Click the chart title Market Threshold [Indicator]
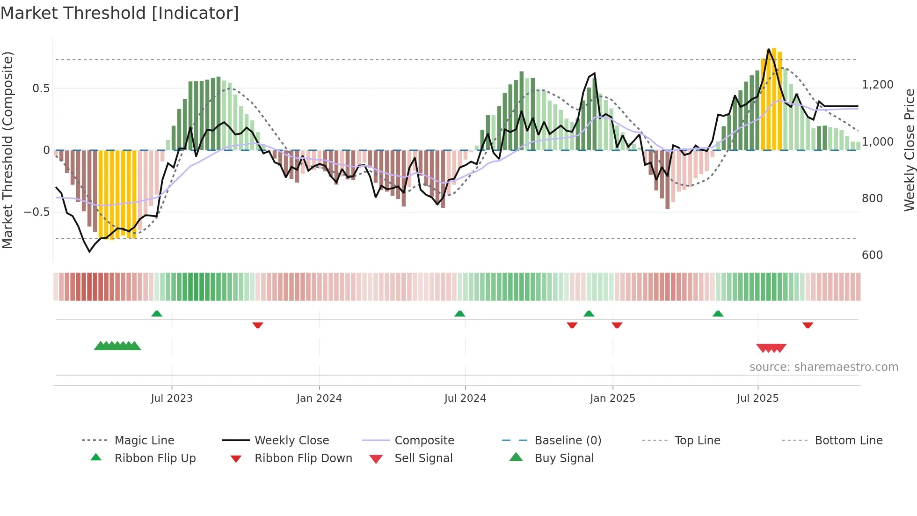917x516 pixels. tap(120, 13)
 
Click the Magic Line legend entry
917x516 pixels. tap(144, 441)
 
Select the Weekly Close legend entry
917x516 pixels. tap(291, 441)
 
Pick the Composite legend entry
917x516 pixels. tap(424, 441)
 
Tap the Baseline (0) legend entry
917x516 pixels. tap(568, 441)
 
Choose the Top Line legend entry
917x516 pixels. tap(697, 441)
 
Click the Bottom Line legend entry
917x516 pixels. tap(848, 441)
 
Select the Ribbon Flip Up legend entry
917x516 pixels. tap(155, 458)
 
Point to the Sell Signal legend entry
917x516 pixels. tap(423, 458)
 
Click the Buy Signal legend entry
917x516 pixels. tap(564, 458)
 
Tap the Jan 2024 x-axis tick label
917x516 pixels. tap(319, 398)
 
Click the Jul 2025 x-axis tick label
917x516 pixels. tap(757, 398)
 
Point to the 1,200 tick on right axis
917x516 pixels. tap(877, 85)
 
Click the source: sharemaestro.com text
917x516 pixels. tap(823, 367)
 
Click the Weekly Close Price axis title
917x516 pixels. tap(909, 150)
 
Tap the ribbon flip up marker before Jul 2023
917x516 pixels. tap(157, 314)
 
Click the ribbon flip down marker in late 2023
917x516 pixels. tap(258, 325)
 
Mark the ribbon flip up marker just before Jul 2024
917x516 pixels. tap(459, 314)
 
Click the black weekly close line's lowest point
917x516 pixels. tap(90, 252)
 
